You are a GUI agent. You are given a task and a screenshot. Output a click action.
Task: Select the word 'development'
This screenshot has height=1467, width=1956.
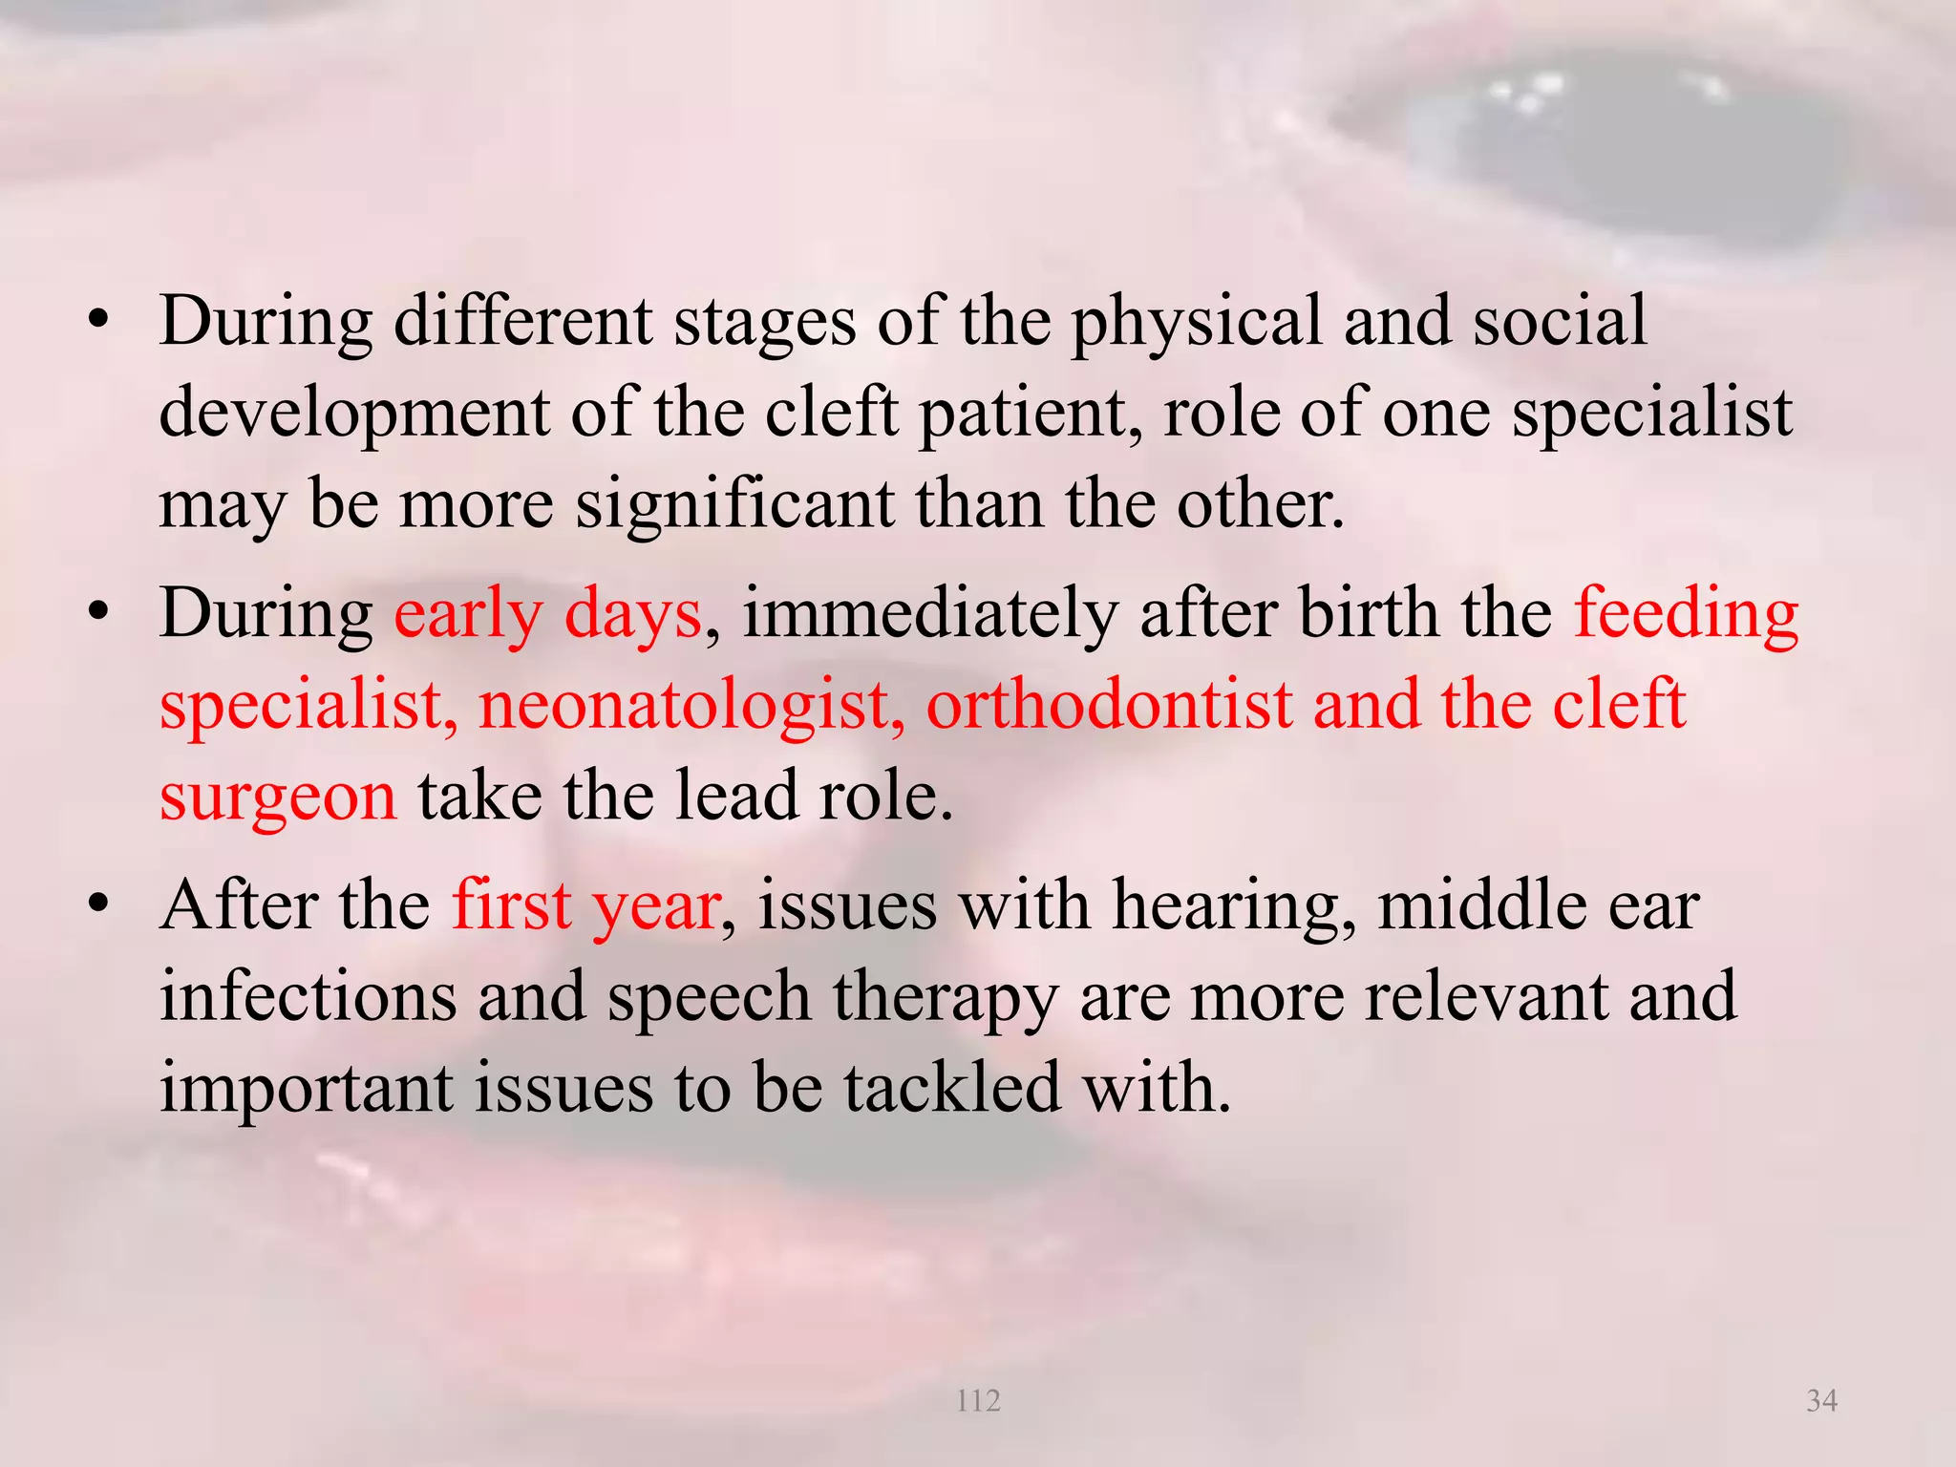[354, 415]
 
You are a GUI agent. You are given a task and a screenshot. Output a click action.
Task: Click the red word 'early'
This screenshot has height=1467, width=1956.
[468, 615]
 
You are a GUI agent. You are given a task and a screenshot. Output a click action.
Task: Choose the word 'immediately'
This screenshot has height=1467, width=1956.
[930, 613]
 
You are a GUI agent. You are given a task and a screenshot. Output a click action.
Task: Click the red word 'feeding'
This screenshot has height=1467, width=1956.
[1686, 615]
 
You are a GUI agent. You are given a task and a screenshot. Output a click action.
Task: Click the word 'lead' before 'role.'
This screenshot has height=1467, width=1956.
[736, 796]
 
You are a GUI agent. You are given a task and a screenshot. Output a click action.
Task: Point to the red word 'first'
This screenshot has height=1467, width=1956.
[511, 904]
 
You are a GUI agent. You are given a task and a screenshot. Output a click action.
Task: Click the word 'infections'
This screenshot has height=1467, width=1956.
[308, 996]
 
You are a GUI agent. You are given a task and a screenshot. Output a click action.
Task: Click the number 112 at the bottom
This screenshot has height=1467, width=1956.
[978, 1401]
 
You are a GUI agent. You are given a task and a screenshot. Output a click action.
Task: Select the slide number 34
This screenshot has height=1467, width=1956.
[1822, 1401]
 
